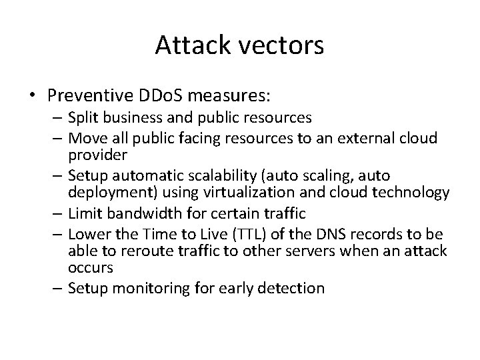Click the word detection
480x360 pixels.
[293, 289]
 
